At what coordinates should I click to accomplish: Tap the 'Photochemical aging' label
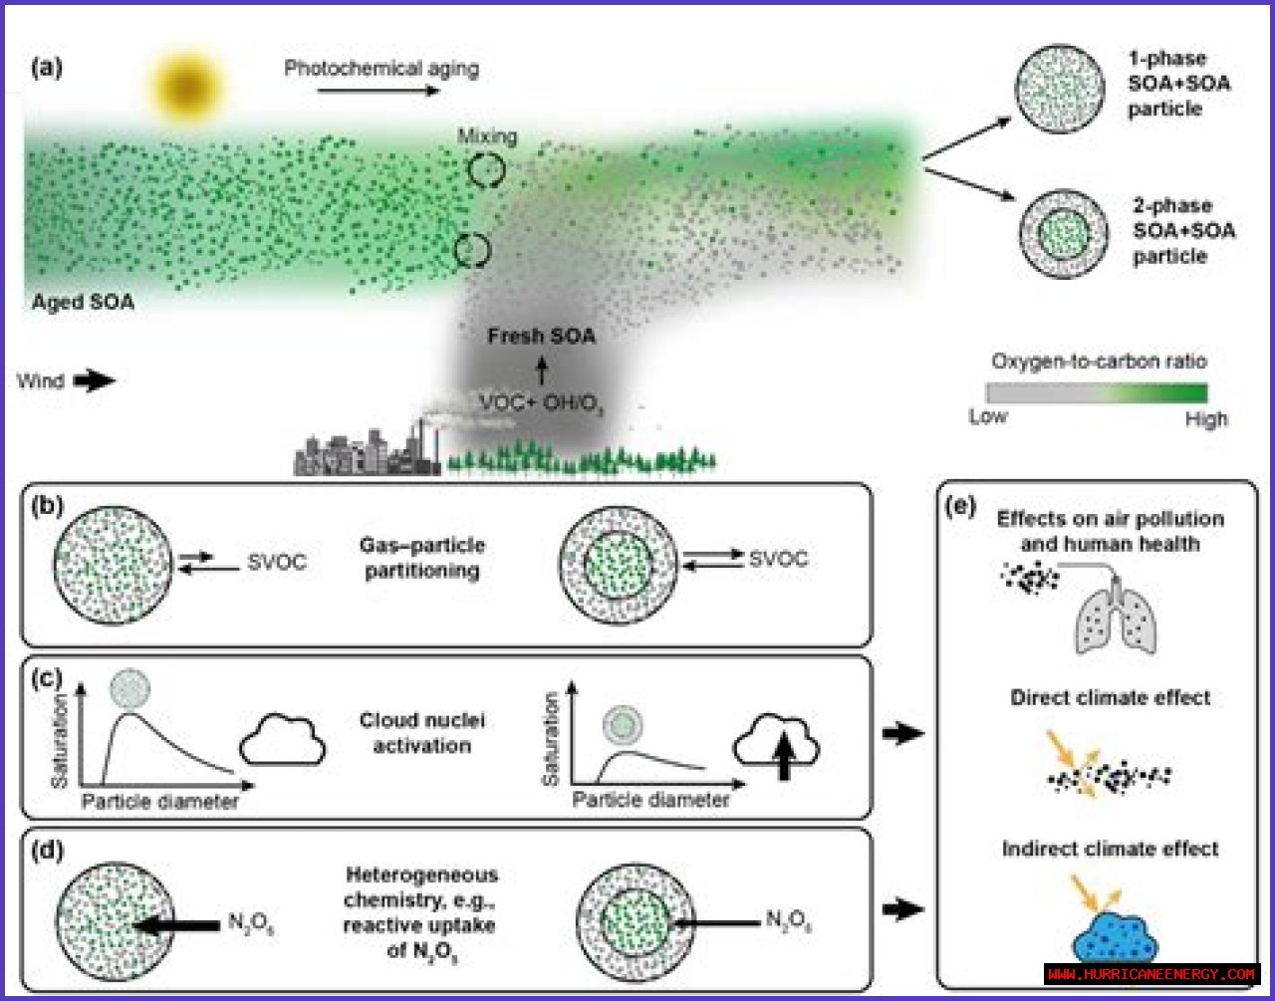coord(382,69)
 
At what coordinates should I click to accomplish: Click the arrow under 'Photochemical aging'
coord(379,91)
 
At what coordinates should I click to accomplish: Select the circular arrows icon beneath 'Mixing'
coord(487,170)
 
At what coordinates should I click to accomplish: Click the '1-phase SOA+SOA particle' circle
coord(1060,88)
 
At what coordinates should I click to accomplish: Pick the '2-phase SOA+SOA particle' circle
coord(1064,234)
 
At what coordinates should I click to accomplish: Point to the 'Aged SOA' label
coord(83,302)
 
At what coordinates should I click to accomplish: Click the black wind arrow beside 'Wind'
coord(95,380)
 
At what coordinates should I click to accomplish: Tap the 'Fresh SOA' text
coord(541,336)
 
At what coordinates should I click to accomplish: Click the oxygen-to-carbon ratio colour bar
coord(1097,391)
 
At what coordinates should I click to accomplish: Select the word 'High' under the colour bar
coord(1205,419)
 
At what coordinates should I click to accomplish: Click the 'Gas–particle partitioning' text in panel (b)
coord(422,558)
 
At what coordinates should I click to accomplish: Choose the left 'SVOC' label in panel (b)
coord(277,562)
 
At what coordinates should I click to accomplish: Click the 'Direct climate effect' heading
coord(1111,697)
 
